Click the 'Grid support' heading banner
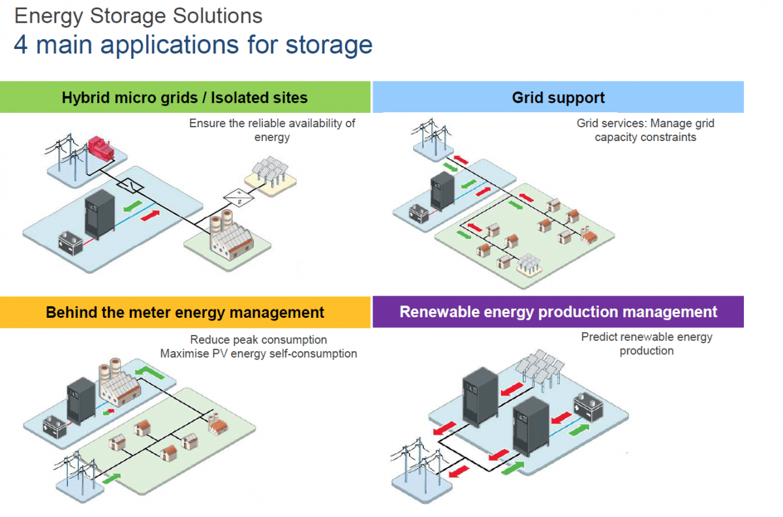pyautogui.click(x=558, y=98)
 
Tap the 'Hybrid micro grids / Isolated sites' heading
pyautogui.click(x=185, y=98)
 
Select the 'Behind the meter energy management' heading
pyautogui.click(x=185, y=312)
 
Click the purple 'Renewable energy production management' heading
pyautogui.click(x=558, y=312)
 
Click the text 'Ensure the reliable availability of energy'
pyautogui.click(x=272, y=130)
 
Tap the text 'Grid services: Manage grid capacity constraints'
pyautogui.click(x=645, y=130)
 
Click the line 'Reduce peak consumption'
pyautogui.click(x=258, y=340)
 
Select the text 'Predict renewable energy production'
pyautogui.click(x=646, y=344)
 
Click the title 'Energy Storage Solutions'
pyautogui.click(x=138, y=16)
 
